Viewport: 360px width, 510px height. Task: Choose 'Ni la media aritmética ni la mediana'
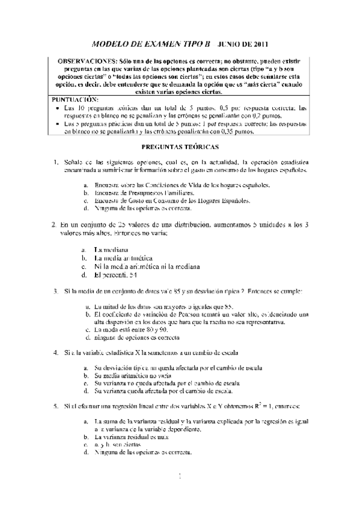point(147,266)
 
